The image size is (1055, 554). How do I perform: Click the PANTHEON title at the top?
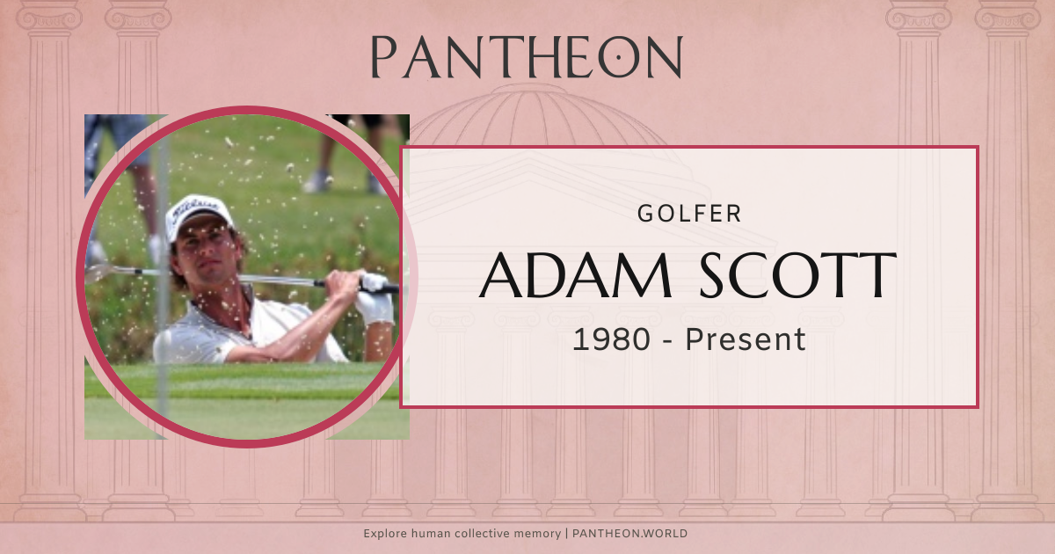click(526, 57)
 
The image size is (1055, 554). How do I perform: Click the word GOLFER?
click(689, 213)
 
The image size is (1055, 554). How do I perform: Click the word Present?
click(746, 339)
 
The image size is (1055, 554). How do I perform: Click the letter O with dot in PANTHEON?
click(618, 58)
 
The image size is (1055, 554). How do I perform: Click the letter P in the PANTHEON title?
click(383, 58)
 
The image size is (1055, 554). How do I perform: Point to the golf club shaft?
click(264, 278)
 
